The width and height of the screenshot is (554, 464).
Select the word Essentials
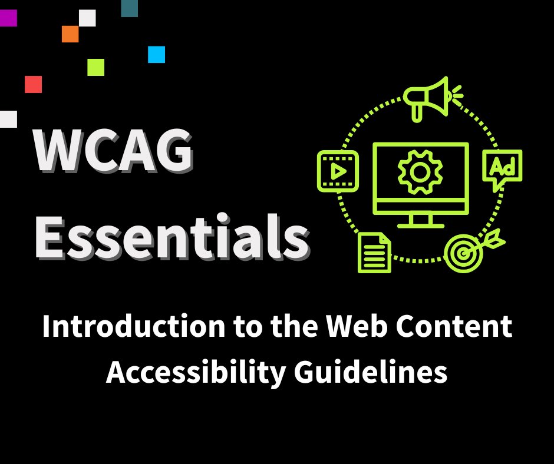point(171,238)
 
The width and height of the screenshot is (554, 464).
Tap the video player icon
point(338,170)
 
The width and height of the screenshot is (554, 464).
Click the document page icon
point(374,252)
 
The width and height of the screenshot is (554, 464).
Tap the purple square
point(8,18)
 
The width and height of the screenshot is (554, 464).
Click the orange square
point(70,34)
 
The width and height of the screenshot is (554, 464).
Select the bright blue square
point(156,54)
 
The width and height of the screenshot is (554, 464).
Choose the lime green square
point(95,67)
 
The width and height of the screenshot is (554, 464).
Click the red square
point(33,84)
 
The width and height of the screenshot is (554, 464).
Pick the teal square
point(129,8)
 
